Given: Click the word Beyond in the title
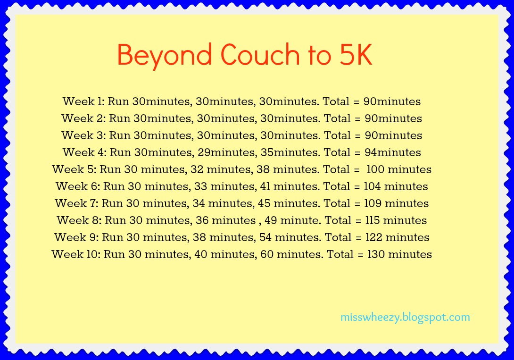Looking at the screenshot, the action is [x=164, y=55].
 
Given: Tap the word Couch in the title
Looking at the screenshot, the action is [x=260, y=54].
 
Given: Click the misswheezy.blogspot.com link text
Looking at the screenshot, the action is [x=405, y=318].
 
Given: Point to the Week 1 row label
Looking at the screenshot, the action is [x=83, y=101].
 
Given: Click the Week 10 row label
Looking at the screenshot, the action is [x=76, y=254].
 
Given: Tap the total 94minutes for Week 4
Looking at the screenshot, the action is [x=393, y=152].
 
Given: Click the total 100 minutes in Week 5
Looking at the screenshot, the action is [x=399, y=169].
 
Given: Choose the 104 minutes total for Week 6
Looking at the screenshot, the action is [x=396, y=186].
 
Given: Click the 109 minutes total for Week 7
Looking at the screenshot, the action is [x=397, y=204].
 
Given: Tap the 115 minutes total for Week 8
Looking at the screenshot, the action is [x=396, y=220].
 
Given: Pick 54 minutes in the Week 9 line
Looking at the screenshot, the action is [x=290, y=237].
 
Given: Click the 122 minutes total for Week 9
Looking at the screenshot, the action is [x=398, y=237].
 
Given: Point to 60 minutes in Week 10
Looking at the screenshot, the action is [x=292, y=254].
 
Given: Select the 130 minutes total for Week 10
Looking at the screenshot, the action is [x=399, y=254].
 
